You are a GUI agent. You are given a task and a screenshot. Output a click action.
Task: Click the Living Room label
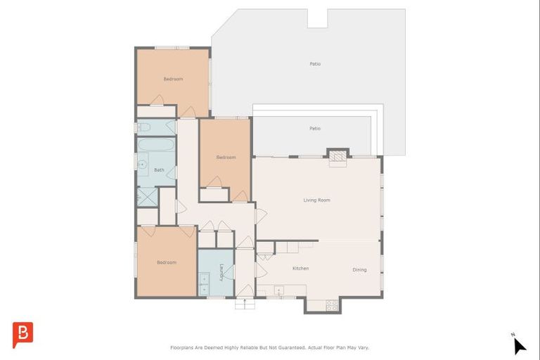tap(316, 200)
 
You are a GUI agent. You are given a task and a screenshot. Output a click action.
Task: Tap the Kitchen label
tap(301, 269)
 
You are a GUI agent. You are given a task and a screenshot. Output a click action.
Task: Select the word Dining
tap(359, 270)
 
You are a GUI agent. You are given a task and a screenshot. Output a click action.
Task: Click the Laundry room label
tap(221, 273)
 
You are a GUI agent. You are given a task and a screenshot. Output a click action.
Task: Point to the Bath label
tap(159, 170)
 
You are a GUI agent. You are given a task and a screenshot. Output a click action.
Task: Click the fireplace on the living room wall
tap(337, 156)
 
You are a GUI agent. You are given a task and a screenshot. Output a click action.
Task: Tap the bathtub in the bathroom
tap(156, 144)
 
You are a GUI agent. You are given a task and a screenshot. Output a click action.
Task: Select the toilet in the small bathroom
tap(144, 127)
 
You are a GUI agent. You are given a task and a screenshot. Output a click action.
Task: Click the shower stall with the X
tap(148, 197)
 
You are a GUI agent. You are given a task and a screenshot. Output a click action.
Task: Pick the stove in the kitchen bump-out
tap(332, 305)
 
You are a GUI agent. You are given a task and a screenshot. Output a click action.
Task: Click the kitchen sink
tap(279, 290)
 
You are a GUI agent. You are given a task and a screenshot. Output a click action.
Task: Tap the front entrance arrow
tap(245, 303)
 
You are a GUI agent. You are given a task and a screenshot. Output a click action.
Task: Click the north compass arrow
tap(520, 345)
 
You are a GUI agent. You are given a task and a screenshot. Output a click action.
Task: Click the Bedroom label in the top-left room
tap(173, 79)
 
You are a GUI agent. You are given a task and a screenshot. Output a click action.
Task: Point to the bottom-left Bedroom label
tap(167, 262)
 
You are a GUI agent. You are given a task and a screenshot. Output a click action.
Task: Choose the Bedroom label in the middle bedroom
tap(226, 157)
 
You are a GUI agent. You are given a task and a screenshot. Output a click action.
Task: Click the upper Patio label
tap(315, 64)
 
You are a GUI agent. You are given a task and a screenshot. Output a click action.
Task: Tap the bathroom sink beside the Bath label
tap(143, 165)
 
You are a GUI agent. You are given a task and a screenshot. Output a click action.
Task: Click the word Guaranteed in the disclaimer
tap(292, 347)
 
